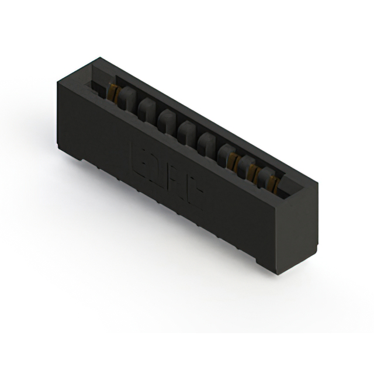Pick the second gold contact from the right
point(253,169)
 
